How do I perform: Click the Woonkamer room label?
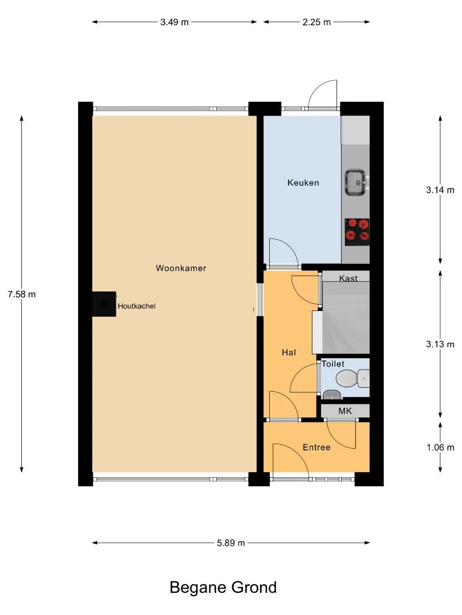coord(181,268)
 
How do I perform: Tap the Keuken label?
coord(303,183)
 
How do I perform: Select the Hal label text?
coord(289,352)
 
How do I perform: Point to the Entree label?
coord(317,448)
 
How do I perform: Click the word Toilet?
coord(333,364)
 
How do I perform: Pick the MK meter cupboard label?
coord(345,411)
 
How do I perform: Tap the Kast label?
coord(348,278)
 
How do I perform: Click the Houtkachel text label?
coord(137,306)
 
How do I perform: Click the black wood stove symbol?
coord(104,304)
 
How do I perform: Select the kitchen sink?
coord(356,182)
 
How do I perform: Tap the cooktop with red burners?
coord(357,232)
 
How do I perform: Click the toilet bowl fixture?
coord(351,379)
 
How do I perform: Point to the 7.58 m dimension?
coord(22,294)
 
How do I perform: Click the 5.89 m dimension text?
coord(231,543)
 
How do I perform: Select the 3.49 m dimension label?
coord(175,22)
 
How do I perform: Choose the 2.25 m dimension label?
coord(317,22)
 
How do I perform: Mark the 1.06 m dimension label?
coord(440,448)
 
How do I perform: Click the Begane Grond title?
coord(223,588)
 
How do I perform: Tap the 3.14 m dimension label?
coord(440,190)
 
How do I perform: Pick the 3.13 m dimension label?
coord(440,345)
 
